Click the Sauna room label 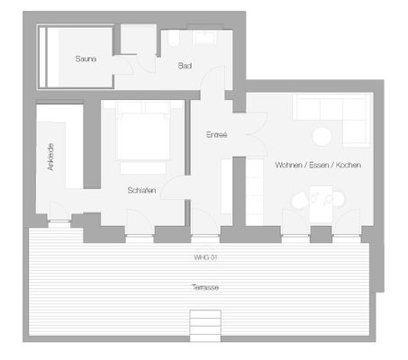[x=86, y=58]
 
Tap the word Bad [x=185, y=66]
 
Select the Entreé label [x=216, y=135]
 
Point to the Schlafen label [x=141, y=190]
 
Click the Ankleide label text [x=50, y=157]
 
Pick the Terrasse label [x=205, y=287]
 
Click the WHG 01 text [x=205, y=257]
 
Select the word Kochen [x=349, y=165]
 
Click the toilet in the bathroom [x=174, y=39]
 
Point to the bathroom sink [x=204, y=37]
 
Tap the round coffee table [x=322, y=137]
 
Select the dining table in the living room [x=321, y=204]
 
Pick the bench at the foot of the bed [x=143, y=168]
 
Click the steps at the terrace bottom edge [x=205, y=326]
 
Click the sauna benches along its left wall [x=49, y=57]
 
